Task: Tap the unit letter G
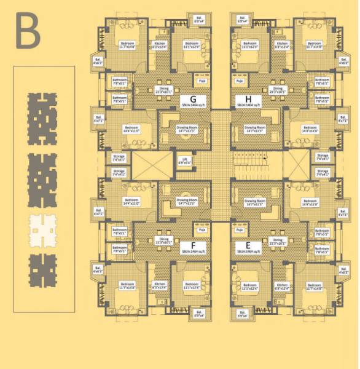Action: tap(193, 99)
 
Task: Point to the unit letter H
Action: tap(248, 99)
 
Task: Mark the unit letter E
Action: tap(248, 244)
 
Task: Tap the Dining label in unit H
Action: tap(278, 90)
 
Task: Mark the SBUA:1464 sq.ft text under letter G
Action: tap(193, 106)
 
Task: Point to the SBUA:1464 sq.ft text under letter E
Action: tap(248, 252)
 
